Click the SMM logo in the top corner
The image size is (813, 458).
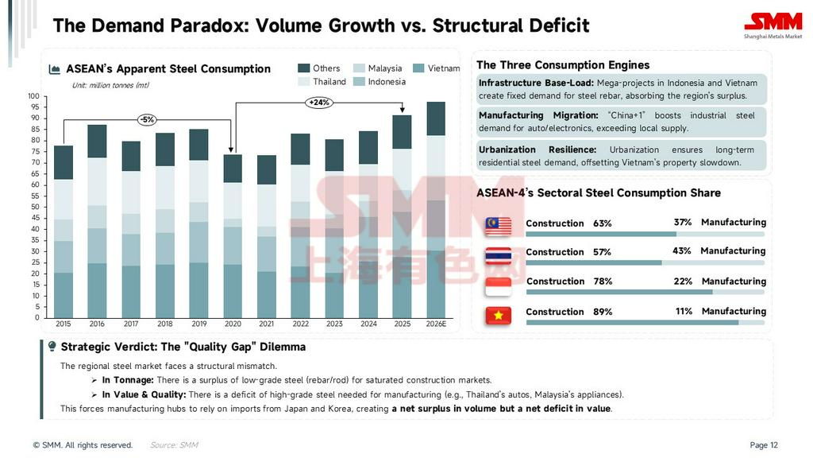point(773,25)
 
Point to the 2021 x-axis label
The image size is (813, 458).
point(266,324)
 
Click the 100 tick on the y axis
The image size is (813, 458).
point(33,96)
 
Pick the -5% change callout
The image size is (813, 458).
point(147,119)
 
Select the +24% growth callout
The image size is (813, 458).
point(318,103)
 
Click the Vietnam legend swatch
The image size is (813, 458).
point(418,68)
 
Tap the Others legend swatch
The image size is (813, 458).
point(303,68)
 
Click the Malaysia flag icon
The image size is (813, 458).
point(499,226)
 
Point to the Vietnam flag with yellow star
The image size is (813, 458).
point(499,315)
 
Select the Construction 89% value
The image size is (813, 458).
point(603,312)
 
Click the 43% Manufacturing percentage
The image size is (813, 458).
point(682,251)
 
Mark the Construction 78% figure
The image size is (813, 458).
point(603,281)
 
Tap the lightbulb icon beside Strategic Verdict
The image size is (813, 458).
point(52,347)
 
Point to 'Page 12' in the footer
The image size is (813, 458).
point(764,445)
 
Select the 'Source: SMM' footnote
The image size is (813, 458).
point(174,445)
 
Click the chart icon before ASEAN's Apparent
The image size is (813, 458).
point(55,69)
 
